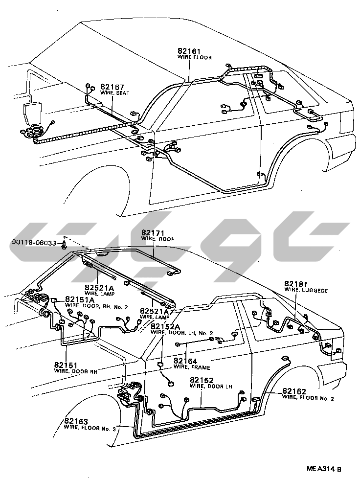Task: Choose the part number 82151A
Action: pyautogui.click(x=80, y=300)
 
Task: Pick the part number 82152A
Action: pyautogui.click(x=165, y=326)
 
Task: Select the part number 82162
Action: pyautogui.click(x=294, y=391)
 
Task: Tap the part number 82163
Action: pyautogui.click(x=76, y=421)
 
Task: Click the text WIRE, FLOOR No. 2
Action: pyautogui.click(x=308, y=398)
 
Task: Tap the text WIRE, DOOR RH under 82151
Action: pyautogui.click(x=76, y=370)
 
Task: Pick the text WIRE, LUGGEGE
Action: pyautogui.click(x=306, y=290)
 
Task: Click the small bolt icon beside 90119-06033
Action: pyautogui.click(x=65, y=243)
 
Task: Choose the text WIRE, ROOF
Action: pyautogui.click(x=157, y=239)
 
